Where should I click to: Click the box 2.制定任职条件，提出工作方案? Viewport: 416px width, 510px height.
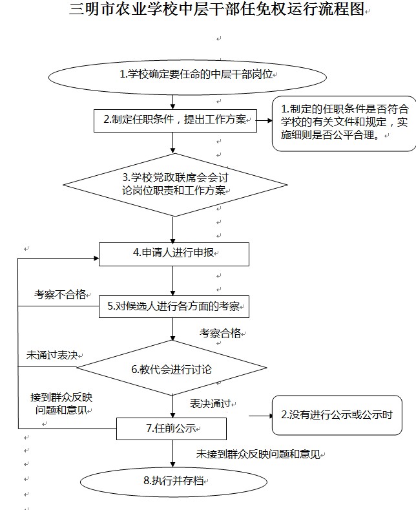click(x=174, y=119)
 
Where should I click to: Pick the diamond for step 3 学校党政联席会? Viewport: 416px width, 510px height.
click(x=174, y=184)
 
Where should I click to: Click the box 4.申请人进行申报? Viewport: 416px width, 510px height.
click(x=174, y=253)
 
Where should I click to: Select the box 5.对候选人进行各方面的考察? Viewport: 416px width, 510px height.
click(x=174, y=306)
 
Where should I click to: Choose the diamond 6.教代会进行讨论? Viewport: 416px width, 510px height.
click(x=172, y=369)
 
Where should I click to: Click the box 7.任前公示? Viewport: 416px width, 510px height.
click(x=171, y=428)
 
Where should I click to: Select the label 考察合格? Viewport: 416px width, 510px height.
click(x=220, y=333)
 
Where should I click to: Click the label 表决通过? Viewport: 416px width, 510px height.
click(x=211, y=403)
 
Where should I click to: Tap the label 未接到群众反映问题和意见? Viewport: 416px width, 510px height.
click(x=258, y=454)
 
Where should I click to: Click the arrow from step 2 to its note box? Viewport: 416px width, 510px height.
click(x=264, y=119)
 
